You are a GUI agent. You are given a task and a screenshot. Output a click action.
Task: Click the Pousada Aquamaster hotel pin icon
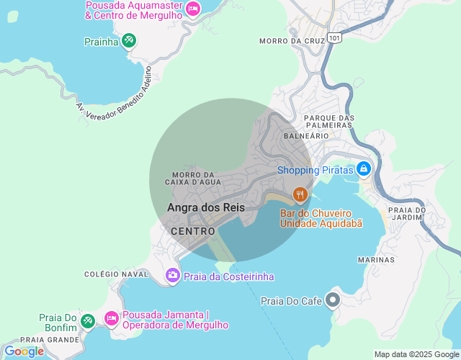click(192, 9)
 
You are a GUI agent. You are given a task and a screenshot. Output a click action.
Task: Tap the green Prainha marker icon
click(129, 41)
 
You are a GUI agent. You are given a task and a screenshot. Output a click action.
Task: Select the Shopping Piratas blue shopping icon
click(364, 169)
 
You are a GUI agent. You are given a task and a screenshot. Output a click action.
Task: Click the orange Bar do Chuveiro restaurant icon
click(300, 194)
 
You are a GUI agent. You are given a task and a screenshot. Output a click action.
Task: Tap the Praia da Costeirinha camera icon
click(172, 274)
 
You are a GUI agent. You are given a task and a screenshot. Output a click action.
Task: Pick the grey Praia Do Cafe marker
click(333, 299)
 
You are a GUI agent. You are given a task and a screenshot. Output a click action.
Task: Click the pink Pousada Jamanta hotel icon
click(111, 318)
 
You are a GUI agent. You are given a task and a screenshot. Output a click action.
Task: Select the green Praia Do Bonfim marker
click(87, 320)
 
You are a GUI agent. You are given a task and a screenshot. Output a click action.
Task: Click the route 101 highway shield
click(333, 36)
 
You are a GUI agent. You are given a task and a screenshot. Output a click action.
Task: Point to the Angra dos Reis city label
click(206, 207)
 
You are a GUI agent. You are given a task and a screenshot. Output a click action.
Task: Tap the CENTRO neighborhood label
click(193, 231)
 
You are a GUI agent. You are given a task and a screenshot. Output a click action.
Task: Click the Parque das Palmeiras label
click(329, 121)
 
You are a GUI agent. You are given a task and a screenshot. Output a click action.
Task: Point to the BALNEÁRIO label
click(306, 135)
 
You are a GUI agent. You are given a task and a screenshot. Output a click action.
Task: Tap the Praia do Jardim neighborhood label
click(407, 214)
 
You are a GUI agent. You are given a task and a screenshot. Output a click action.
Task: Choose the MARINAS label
click(376, 259)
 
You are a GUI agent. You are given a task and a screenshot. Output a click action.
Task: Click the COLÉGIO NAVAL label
click(116, 274)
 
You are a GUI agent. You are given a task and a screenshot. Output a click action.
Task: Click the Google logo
click(24, 351)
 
